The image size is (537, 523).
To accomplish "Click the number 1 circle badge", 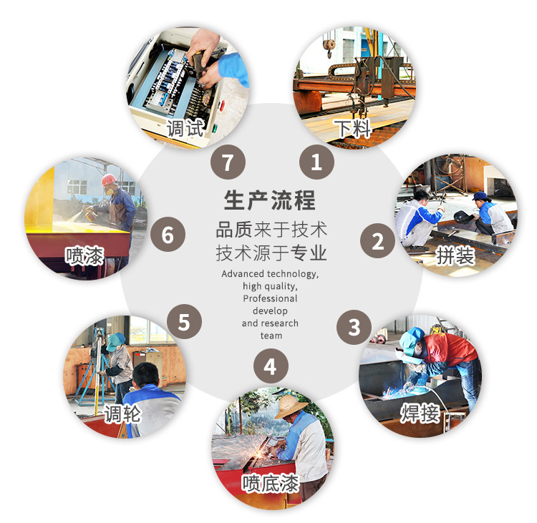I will pos(316,162).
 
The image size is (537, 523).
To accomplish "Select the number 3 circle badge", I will pos(354,327).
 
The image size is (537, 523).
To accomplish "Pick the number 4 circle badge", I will pos(270,367).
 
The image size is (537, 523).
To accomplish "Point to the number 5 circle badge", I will pos(184,323).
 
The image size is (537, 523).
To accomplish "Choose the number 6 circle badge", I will pos(168,235).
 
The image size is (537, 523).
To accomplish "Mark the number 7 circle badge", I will pos(228,162).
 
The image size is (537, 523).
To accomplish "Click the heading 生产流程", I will pos(270,200).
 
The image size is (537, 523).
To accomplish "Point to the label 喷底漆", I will pos(270,483).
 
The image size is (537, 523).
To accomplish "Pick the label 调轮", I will pos(122,414).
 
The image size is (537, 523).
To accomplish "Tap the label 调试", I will pos(185,129).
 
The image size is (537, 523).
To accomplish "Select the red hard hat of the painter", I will pos(108,179).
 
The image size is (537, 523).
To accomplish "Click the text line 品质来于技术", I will pos(271,230).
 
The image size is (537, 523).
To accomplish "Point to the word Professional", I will pos(270,298).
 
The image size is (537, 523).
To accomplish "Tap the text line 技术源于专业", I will pos(271,253).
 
